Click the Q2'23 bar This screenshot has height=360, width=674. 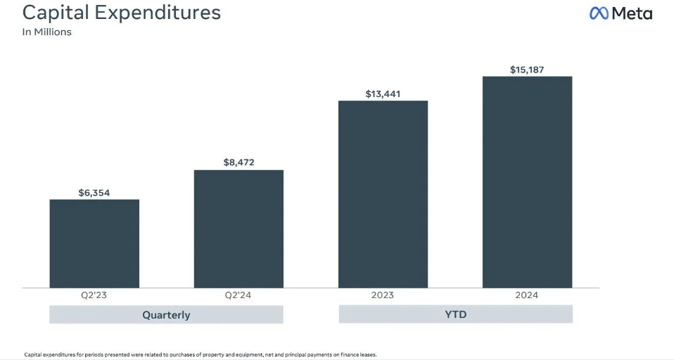tap(94, 243)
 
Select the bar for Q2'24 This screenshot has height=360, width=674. tap(239, 229)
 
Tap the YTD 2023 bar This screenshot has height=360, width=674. tap(383, 194)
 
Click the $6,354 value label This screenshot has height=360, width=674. tap(94, 191)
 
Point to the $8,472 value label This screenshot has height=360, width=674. tap(239, 162)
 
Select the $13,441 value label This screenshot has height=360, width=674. tap(383, 94)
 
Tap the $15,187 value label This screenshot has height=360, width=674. tap(527, 69)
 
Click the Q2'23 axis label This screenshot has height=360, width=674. tap(94, 295)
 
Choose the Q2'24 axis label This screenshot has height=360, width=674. tap(239, 295)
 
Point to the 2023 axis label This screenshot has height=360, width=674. tap(383, 295)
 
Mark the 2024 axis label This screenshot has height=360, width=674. tap(527, 295)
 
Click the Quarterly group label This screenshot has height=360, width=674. tap(166, 314)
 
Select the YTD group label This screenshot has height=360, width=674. tap(455, 314)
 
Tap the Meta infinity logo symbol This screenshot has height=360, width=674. tap(599, 13)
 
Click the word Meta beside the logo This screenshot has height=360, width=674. tap(631, 13)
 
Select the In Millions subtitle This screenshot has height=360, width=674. tap(47, 32)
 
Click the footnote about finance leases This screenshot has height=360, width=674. tap(201, 354)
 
